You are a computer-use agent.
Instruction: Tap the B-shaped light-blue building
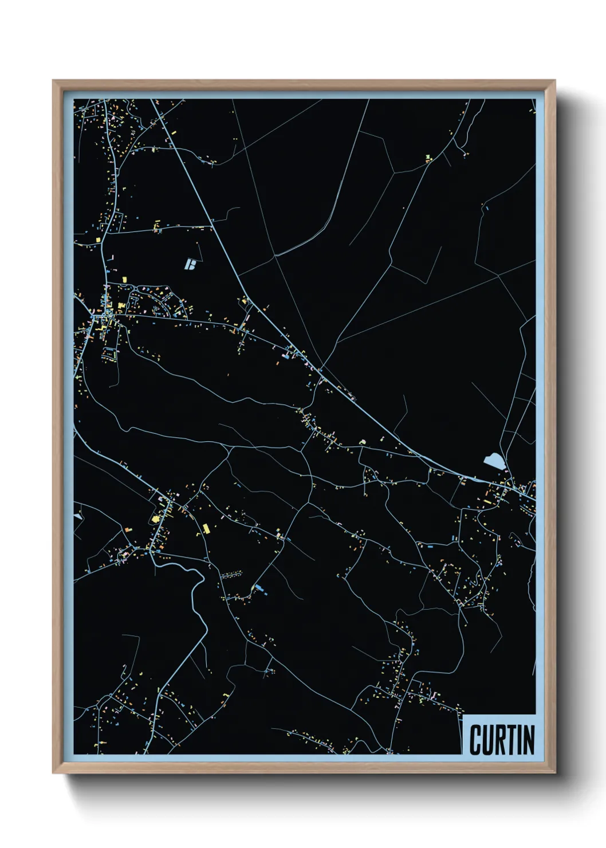(191, 264)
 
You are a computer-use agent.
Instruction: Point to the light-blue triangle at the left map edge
(77, 516)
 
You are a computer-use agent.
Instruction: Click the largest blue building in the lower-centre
(260, 588)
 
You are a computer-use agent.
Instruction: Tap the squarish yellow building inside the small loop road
(155, 519)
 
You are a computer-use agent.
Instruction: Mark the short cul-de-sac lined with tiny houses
(231, 574)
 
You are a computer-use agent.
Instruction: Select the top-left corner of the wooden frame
(54, 81)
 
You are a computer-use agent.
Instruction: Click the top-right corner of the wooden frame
(554, 81)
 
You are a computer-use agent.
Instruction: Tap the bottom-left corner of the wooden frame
(54, 772)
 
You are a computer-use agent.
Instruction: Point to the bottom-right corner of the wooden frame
(554, 772)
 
